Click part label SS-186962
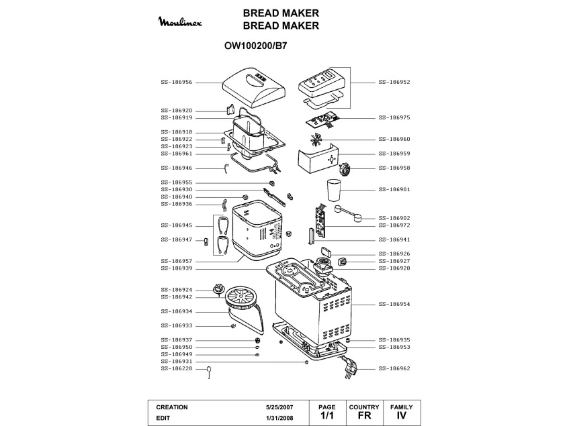pyautogui.click(x=394, y=368)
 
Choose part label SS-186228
pyautogui.click(x=177, y=368)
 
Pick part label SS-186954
pyautogui.click(x=394, y=304)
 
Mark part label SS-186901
pyautogui.click(x=394, y=189)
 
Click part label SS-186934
pyautogui.click(x=177, y=311)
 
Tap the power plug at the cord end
pyautogui.click(x=351, y=368)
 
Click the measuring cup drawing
pyautogui.click(x=335, y=189)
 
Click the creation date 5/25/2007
pyautogui.click(x=280, y=407)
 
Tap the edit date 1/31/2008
pyautogui.click(x=280, y=419)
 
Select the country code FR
pyautogui.click(x=364, y=416)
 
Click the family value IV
pyautogui.click(x=402, y=416)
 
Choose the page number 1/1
pyautogui.click(x=326, y=416)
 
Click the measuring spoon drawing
pyautogui.click(x=349, y=214)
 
